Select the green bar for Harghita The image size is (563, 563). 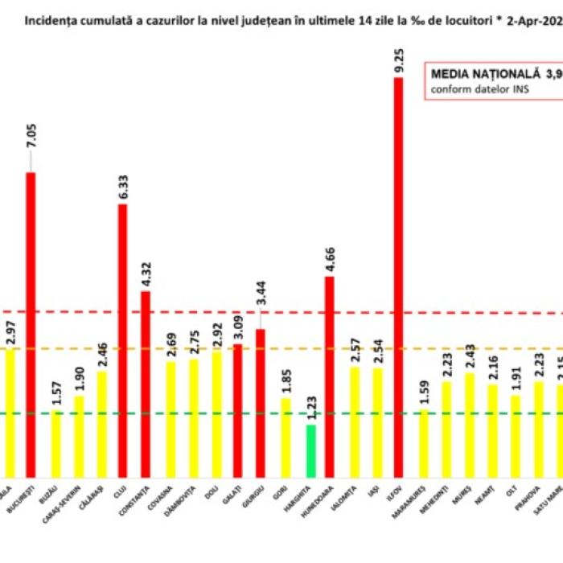tap(310, 450)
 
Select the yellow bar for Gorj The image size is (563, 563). tap(286, 438)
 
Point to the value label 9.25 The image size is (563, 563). tap(398, 61)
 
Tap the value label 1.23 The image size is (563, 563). tap(310, 408)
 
